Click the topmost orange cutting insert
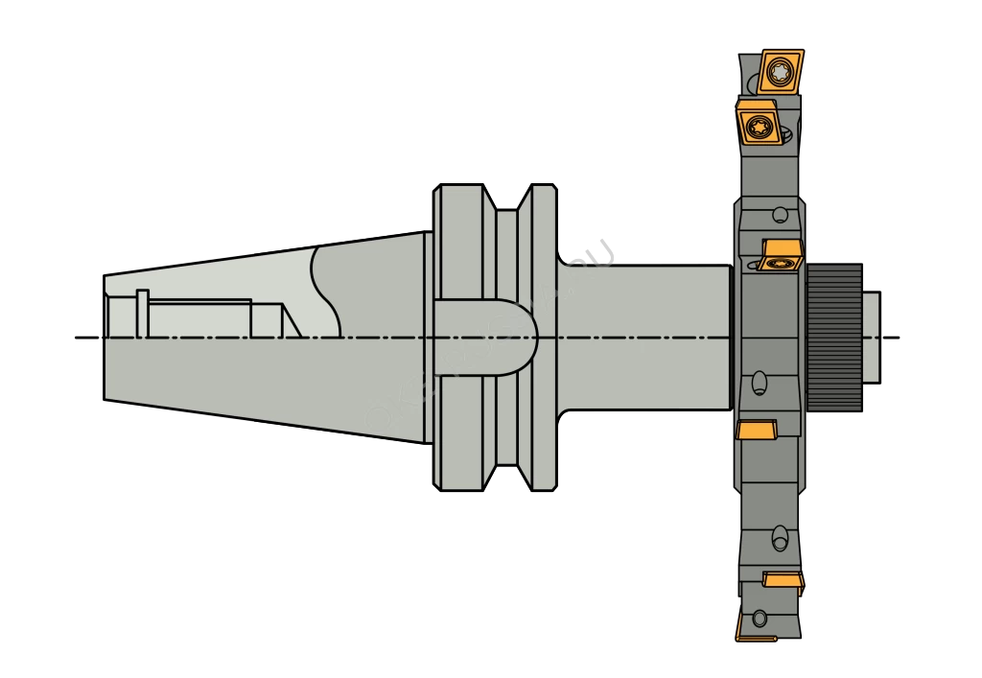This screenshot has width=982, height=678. pyautogui.click(x=779, y=71)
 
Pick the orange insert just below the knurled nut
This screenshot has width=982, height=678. pyautogui.click(x=757, y=429)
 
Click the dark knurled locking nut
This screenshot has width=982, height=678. pyautogui.click(x=833, y=337)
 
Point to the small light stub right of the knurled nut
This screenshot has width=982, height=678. pyautogui.click(x=870, y=337)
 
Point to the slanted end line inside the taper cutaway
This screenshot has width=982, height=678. pyautogui.click(x=290, y=320)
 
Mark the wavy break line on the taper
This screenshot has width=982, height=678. pyautogui.click(x=326, y=288)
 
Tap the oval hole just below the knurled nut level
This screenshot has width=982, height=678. pyautogui.click(x=759, y=383)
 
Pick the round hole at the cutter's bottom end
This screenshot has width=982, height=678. pyautogui.click(x=760, y=619)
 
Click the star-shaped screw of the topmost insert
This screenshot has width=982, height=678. pyautogui.click(x=779, y=70)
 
